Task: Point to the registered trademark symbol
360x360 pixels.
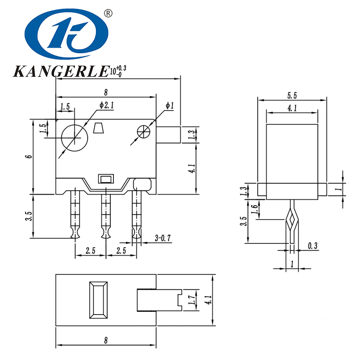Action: (x=108, y=13)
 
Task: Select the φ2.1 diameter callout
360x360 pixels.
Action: (x=107, y=105)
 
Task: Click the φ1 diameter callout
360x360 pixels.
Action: (x=169, y=105)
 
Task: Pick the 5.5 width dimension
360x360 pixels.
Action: (x=292, y=95)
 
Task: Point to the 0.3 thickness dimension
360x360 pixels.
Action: (x=313, y=246)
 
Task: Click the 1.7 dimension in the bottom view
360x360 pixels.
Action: (x=192, y=300)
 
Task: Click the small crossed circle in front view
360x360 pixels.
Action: (x=144, y=131)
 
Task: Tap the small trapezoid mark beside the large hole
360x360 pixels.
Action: (x=98, y=129)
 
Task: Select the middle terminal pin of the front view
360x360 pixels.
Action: (x=106, y=214)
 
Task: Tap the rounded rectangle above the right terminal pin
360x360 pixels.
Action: (x=142, y=183)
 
